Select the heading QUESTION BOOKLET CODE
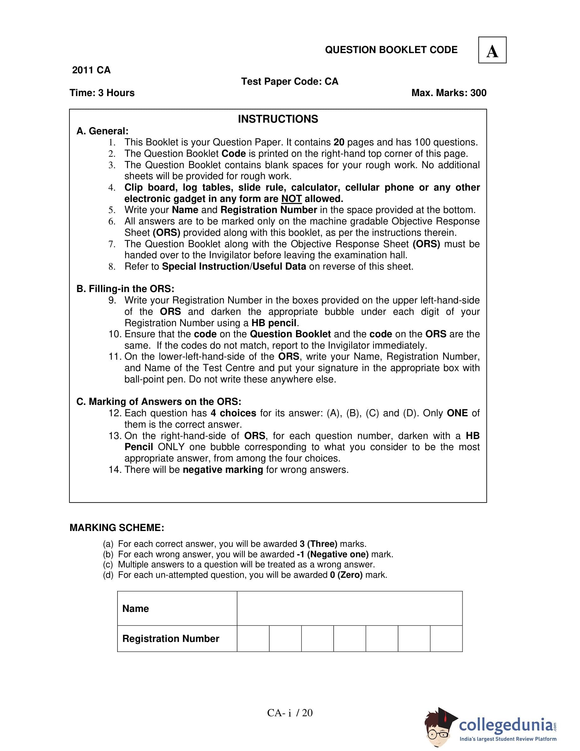point(391,50)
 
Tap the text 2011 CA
point(91,70)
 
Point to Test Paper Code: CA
point(290,82)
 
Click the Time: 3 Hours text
point(102,93)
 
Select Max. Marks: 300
point(449,93)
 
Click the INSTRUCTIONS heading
point(278,119)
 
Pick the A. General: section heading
point(102,131)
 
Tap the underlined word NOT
point(291,199)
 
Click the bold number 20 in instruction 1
point(339,142)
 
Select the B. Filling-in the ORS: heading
point(125,289)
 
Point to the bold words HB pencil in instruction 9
point(274,323)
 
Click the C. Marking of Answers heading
point(159,402)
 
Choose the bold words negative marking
point(223,470)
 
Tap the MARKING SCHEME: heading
point(117,528)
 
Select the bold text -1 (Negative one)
point(332,554)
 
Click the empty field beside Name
point(349,609)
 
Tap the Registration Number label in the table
point(171,638)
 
